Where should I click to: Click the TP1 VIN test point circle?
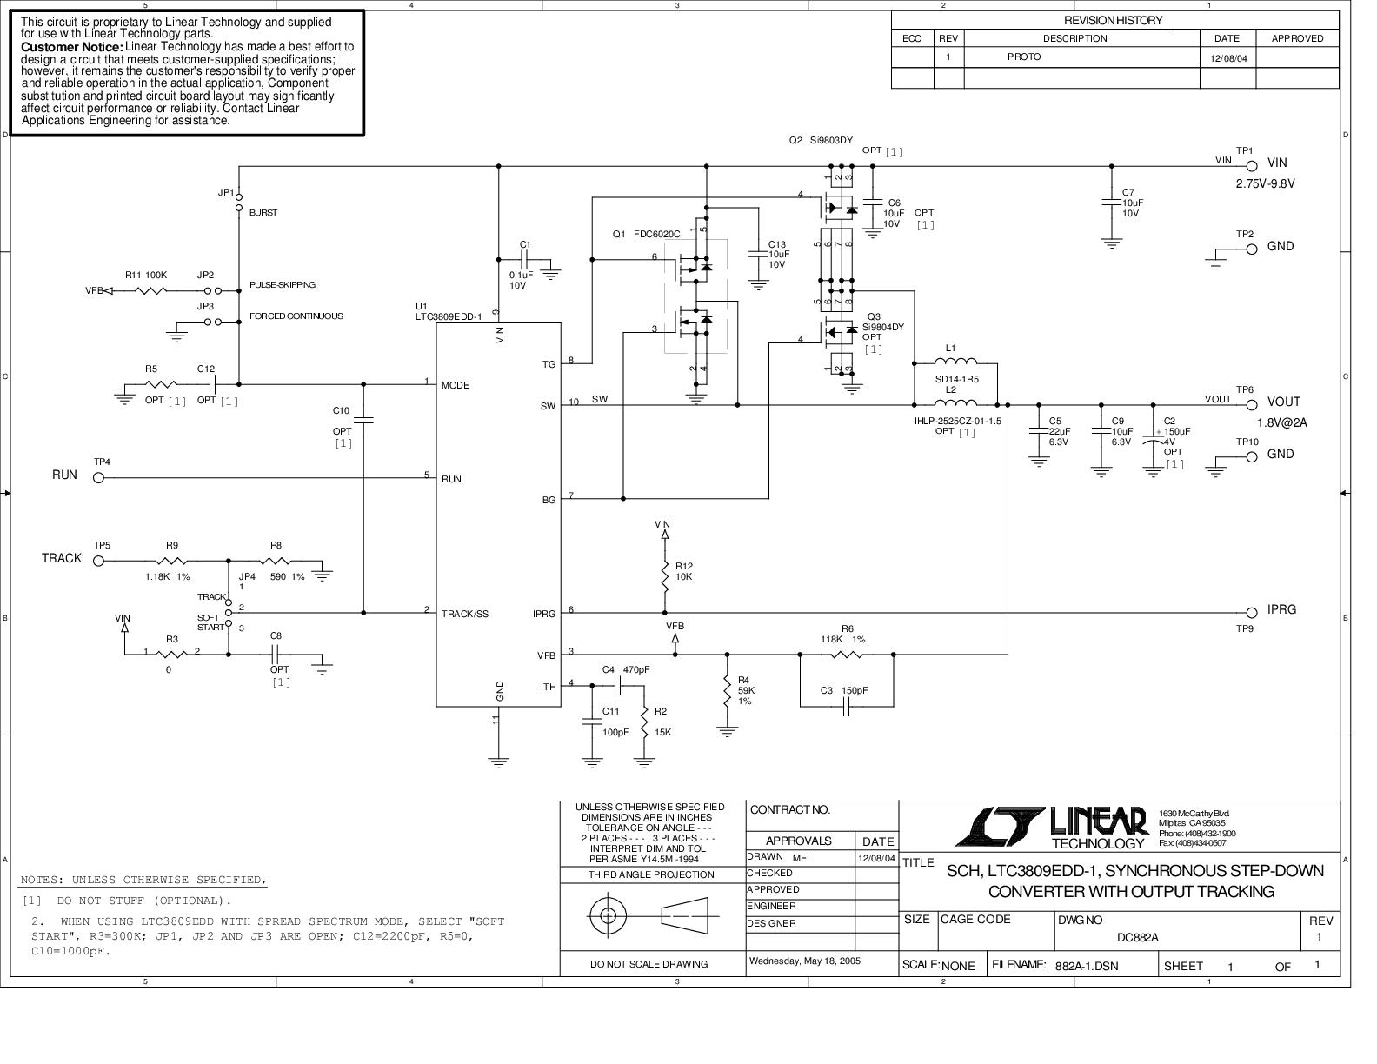[x=1252, y=167]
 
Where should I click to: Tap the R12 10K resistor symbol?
[x=665, y=575]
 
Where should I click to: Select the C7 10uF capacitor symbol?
[x=1112, y=203]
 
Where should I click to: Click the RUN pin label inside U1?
[x=451, y=479]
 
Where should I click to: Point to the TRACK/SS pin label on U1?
[x=464, y=614]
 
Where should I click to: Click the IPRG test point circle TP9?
[x=1252, y=613]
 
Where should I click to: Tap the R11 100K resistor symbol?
[x=151, y=291]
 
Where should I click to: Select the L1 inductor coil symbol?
[x=955, y=362]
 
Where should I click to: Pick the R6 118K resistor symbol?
[x=847, y=654]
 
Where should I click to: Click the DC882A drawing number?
[x=1137, y=937]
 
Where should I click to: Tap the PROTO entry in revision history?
[x=1024, y=57]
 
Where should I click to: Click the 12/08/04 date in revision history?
[x=1228, y=58]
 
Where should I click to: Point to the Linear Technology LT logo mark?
[x=1000, y=827]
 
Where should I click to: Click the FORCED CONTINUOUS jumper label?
[x=296, y=316]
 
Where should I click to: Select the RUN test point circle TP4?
[x=98, y=478]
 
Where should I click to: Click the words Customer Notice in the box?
[x=71, y=47]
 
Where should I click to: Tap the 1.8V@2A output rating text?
[x=1282, y=422]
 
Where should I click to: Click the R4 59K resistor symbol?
[x=727, y=688]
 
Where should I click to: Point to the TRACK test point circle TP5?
[x=98, y=561]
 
